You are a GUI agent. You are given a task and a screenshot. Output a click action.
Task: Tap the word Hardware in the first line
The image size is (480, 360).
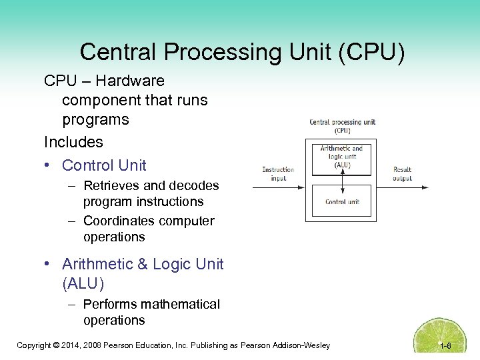(130, 81)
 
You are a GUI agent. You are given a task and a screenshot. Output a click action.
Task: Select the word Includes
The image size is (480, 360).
(73, 142)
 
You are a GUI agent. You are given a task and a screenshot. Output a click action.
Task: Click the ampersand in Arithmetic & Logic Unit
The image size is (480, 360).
(143, 264)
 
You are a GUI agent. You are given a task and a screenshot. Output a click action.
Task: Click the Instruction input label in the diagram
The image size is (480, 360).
(278, 174)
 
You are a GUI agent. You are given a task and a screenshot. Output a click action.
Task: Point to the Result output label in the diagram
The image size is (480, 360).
(403, 174)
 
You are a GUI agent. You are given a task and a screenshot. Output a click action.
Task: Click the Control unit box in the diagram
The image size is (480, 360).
(342, 200)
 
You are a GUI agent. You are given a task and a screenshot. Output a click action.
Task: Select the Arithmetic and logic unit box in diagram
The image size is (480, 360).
(342, 157)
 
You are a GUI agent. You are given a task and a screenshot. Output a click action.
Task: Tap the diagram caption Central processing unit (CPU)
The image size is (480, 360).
(342, 126)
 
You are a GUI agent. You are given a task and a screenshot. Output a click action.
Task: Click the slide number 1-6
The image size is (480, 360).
(446, 345)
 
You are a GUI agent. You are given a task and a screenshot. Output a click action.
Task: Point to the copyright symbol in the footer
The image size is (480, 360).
(57, 345)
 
